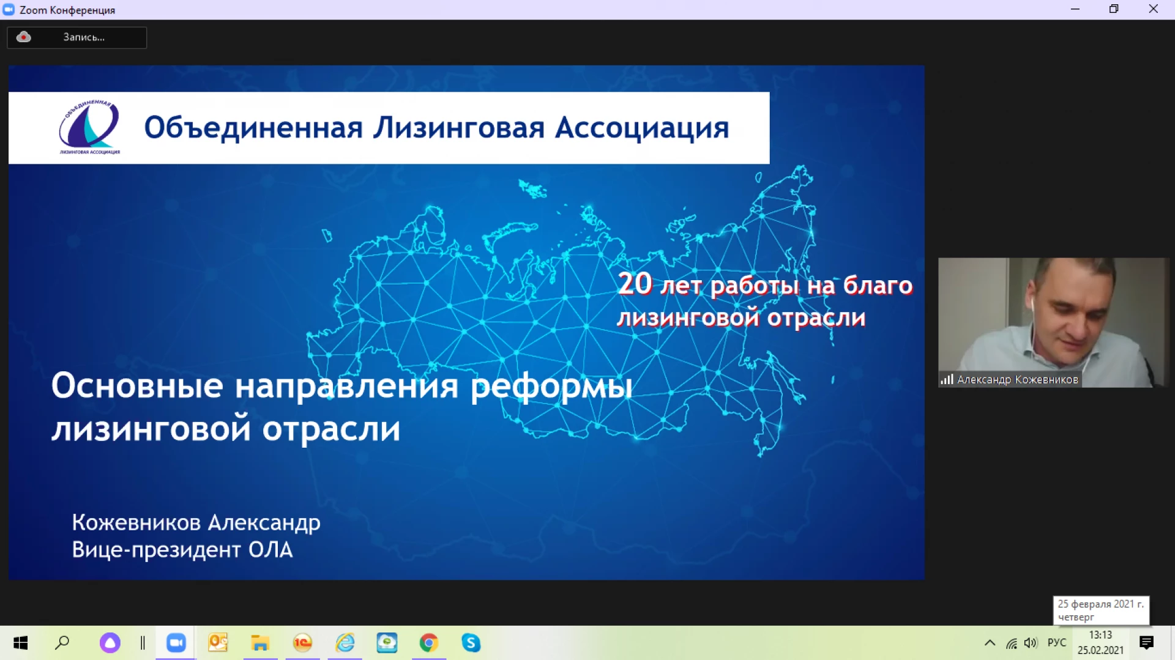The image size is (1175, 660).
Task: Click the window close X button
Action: tap(1153, 9)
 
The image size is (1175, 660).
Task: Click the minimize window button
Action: tap(1075, 9)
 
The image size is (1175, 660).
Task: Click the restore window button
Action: tap(1114, 9)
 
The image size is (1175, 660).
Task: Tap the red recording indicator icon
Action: tap(23, 37)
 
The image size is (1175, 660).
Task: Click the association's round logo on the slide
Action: tap(89, 127)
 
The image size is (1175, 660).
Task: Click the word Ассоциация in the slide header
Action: tap(642, 128)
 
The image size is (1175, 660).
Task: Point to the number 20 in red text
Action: tap(635, 284)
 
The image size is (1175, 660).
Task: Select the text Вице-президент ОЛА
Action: tap(182, 550)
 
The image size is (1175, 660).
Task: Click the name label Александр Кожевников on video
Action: tap(1017, 380)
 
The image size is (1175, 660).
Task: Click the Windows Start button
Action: tap(20, 643)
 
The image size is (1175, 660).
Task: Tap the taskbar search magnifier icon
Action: tap(62, 643)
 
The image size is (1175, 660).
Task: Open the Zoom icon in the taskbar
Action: tap(176, 643)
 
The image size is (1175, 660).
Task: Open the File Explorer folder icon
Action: tap(260, 643)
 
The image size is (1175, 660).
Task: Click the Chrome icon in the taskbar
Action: tap(428, 643)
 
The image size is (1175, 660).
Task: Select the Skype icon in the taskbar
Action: tap(471, 643)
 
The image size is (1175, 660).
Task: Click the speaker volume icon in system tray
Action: tap(1031, 643)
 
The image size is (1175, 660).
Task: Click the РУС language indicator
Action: tap(1057, 643)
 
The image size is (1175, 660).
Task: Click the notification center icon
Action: tap(1146, 643)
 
